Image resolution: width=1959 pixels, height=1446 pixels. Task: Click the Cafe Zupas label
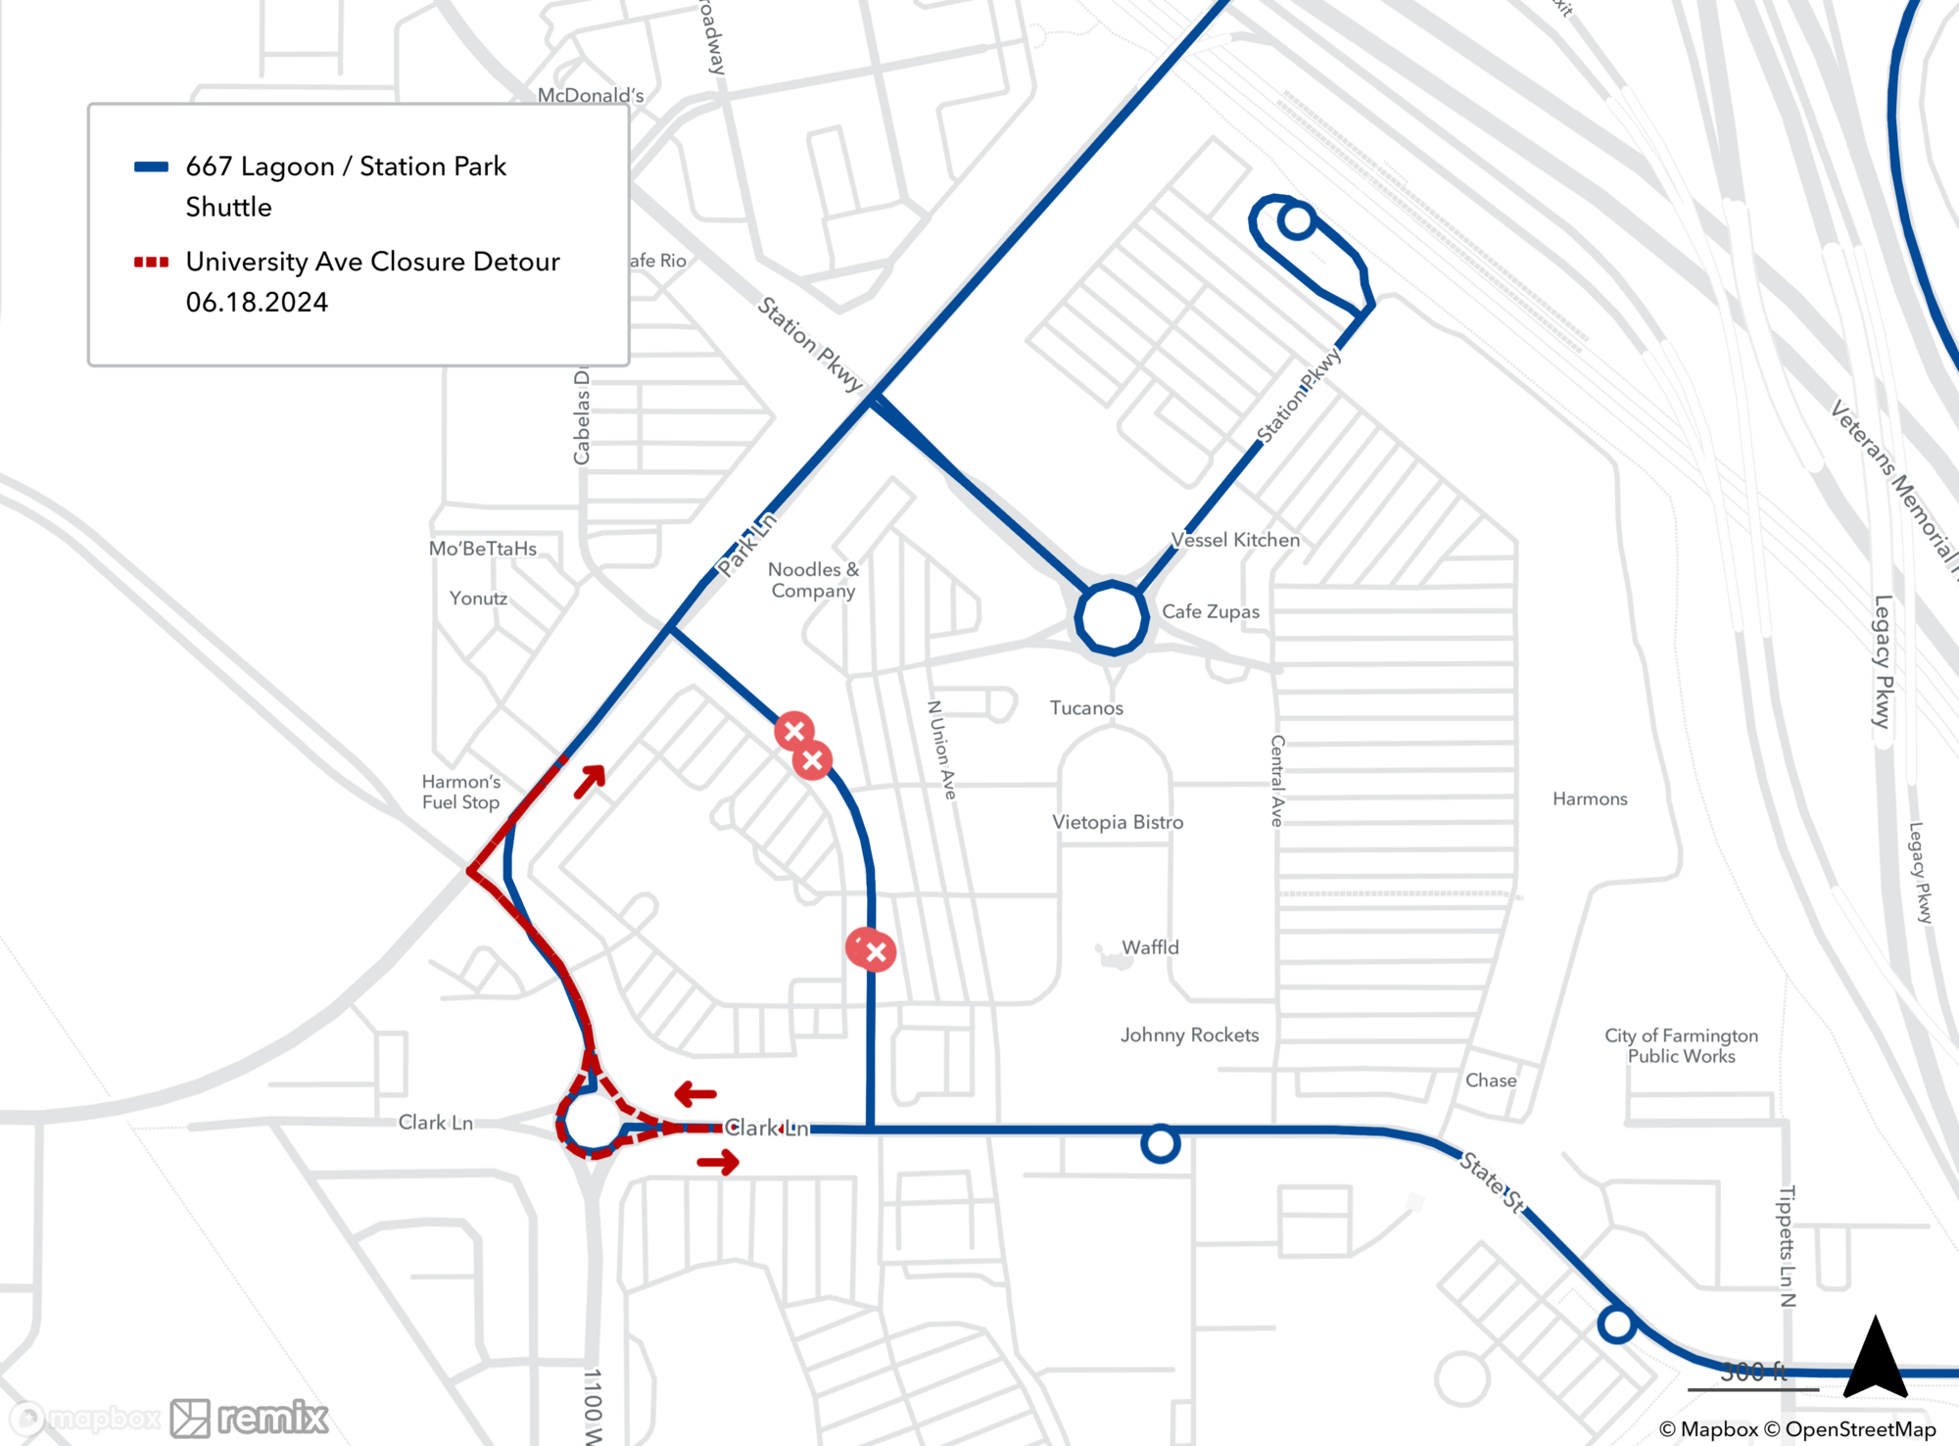pyautogui.click(x=1210, y=611)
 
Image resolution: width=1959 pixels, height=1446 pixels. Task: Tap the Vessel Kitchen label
pyautogui.click(x=1235, y=540)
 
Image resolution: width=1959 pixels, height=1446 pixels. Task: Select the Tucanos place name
pyautogui.click(x=1086, y=707)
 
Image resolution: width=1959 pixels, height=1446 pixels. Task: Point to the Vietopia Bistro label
pyautogui.click(x=1118, y=822)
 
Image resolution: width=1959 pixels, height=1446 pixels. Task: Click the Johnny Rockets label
pyautogui.click(x=1189, y=1035)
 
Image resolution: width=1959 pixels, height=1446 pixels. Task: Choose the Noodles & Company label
pyautogui.click(x=813, y=580)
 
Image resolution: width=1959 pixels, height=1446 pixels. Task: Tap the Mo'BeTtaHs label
pyautogui.click(x=482, y=549)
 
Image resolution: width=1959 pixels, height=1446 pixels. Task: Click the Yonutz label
pyautogui.click(x=478, y=598)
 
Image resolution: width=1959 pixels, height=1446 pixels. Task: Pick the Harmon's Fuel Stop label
pyautogui.click(x=460, y=792)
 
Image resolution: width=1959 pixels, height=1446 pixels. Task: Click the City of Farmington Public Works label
pyautogui.click(x=1681, y=1045)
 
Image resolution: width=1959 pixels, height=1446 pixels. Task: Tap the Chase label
pyautogui.click(x=1491, y=1080)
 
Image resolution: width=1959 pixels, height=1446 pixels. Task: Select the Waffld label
pyautogui.click(x=1150, y=947)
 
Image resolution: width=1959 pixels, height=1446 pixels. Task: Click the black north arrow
pyautogui.click(x=1875, y=1360)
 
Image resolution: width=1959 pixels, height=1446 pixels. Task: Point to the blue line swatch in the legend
pyautogui.click(x=151, y=167)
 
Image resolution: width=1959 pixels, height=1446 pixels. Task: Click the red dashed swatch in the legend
pyautogui.click(x=151, y=262)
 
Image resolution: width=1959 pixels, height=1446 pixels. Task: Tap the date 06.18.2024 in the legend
pyautogui.click(x=257, y=302)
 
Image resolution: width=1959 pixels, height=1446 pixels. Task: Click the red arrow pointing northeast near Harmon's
pyautogui.click(x=590, y=781)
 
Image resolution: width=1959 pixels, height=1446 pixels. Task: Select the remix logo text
pyautogui.click(x=272, y=1417)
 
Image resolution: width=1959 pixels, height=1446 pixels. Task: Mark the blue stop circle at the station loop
pyautogui.click(x=1297, y=220)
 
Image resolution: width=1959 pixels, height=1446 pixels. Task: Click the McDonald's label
pyautogui.click(x=590, y=95)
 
